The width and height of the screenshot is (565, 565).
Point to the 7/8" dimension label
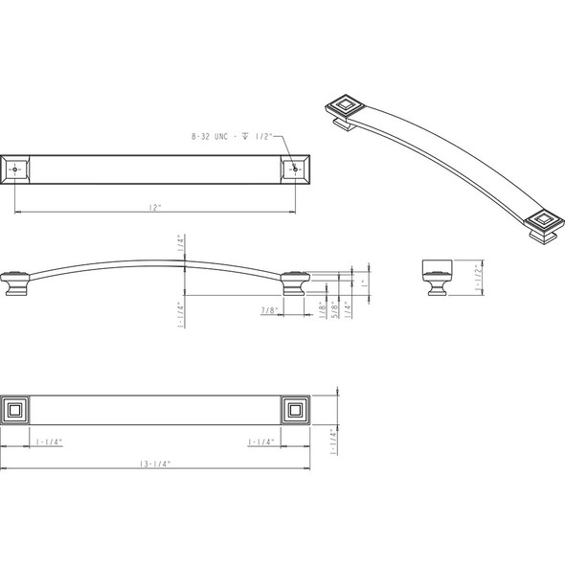[x=270, y=310]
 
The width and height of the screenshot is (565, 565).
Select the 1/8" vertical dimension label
[x=321, y=309]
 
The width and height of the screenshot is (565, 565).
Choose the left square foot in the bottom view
[x=15, y=412]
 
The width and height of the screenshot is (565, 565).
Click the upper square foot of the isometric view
[x=345, y=107]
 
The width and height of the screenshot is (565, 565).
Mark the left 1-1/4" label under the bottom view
[x=50, y=441]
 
